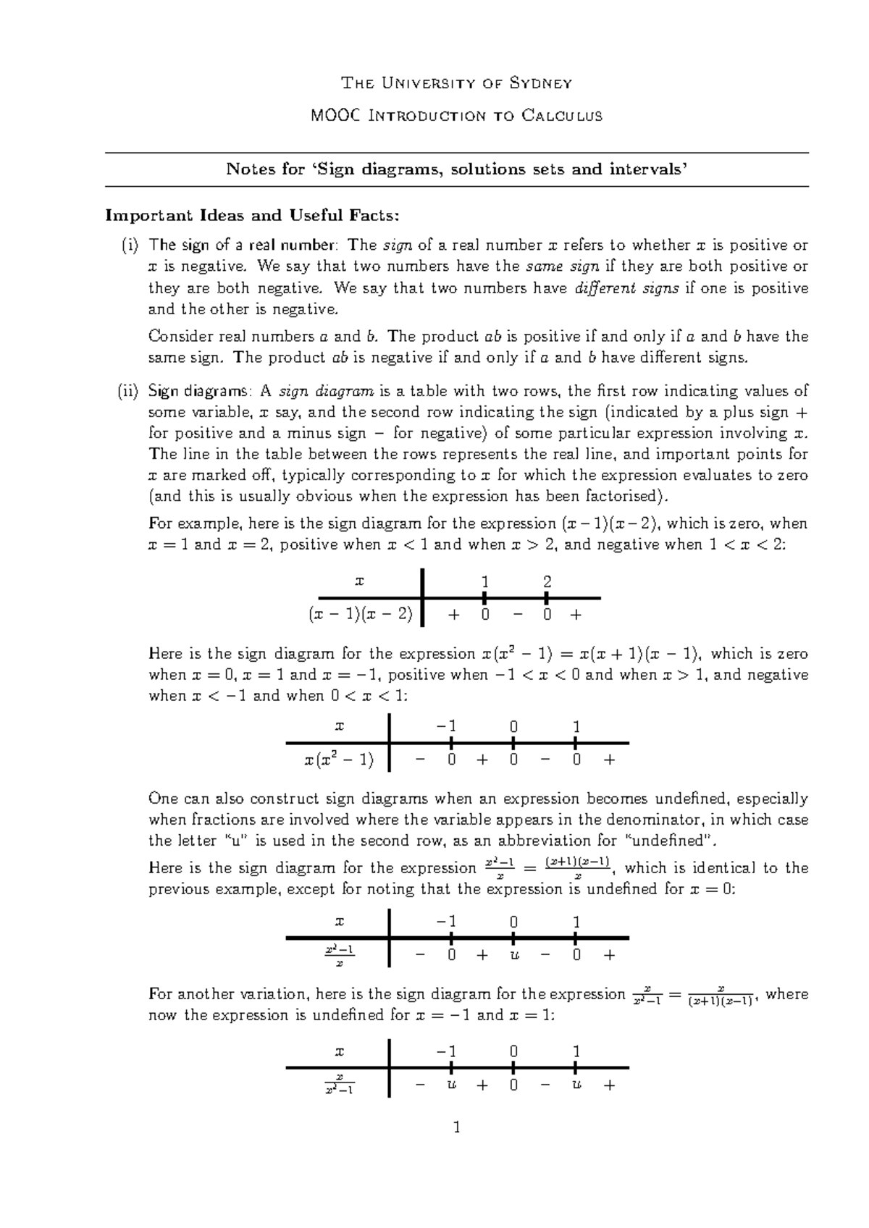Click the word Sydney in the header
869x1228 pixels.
pyautogui.click(x=541, y=83)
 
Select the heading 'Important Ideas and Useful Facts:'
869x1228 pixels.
pyautogui.click(x=252, y=216)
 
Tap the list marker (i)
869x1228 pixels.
pyautogui.click(x=130, y=245)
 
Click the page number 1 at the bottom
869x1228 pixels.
pyautogui.click(x=456, y=1127)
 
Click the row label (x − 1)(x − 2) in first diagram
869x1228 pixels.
pyautogui.click(x=360, y=615)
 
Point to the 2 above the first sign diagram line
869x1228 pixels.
pyautogui.click(x=547, y=582)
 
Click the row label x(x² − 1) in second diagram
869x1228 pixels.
pyautogui.click(x=338, y=760)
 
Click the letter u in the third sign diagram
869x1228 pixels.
pyautogui.click(x=513, y=955)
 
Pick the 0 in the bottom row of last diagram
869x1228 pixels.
pyautogui.click(x=513, y=1085)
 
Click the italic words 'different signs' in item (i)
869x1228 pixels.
pyautogui.click(x=626, y=288)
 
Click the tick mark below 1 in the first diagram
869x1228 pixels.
pyautogui.click(x=484, y=598)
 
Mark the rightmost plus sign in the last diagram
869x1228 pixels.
pyautogui.click(x=609, y=1085)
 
